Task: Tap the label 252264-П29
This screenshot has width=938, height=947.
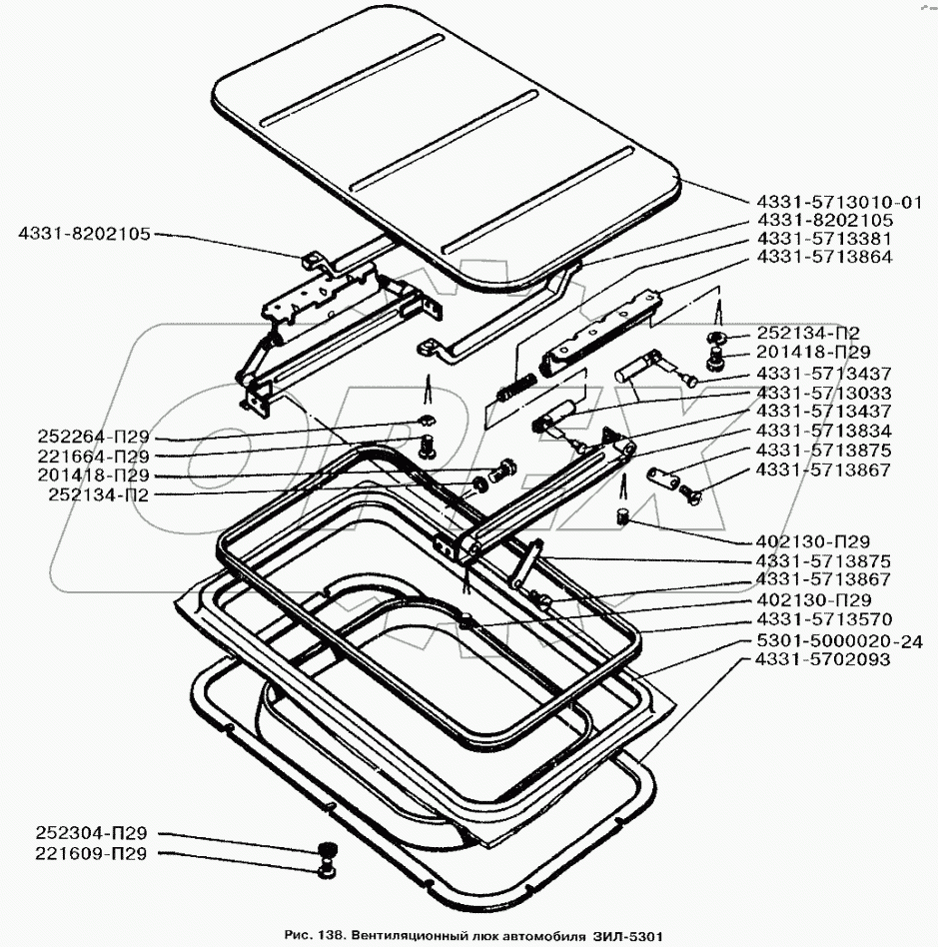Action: pos(94,438)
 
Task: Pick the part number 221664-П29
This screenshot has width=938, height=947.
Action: pos(94,457)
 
